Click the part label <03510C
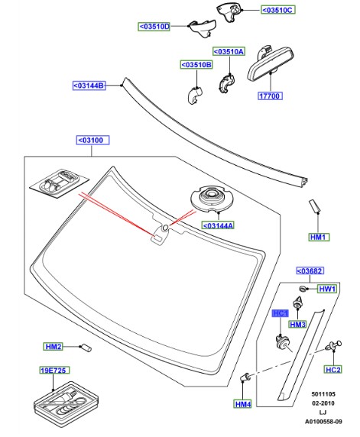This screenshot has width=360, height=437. click(277, 11)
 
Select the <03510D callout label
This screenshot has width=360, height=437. click(155, 27)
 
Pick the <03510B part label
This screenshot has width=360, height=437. click(196, 65)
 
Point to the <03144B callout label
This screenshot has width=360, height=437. click(89, 85)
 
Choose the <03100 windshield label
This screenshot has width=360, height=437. click(94, 141)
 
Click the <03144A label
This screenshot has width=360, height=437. click(218, 225)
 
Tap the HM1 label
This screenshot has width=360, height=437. click(319, 238)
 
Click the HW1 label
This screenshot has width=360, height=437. click(327, 290)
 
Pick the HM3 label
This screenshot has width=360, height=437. click(297, 325)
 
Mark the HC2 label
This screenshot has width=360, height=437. click(333, 370)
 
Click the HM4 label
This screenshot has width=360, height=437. click(243, 404)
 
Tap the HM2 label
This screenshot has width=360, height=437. click(53, 347)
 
